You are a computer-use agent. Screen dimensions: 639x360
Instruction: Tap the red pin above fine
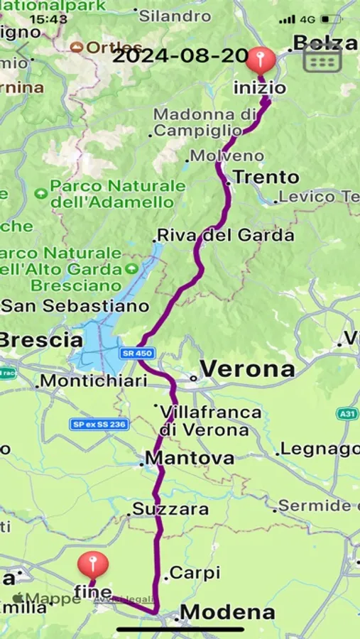[x=93, y=565]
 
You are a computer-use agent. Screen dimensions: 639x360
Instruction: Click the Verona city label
[x=246, y=369]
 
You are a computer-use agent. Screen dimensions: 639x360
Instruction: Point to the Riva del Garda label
[x=225, y=235]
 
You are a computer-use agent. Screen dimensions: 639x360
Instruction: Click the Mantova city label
[x=190, y=458]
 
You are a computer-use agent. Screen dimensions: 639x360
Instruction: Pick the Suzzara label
[x=170, y=509]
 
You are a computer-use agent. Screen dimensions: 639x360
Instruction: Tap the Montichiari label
[x=94, y=381]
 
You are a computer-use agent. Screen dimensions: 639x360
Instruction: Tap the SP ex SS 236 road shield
[x=99, y=424]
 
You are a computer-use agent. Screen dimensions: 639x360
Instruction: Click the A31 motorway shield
[x=348, y=413]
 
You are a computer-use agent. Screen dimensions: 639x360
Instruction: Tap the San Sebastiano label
[x=75, y=306]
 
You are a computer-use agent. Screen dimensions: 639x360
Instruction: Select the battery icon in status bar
[x=331, y=19]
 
